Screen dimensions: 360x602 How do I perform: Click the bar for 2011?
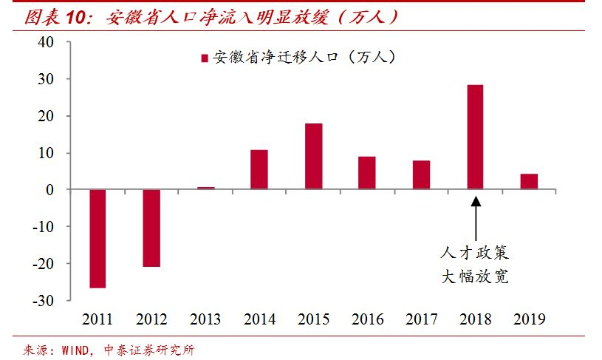[x=98, y=238]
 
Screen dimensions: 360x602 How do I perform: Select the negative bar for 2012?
[x=151, y=228]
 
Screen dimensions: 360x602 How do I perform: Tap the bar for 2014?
[x=259, y=169]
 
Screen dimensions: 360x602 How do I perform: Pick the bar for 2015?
[x=313, y=156]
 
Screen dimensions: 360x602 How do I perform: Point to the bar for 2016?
[x=367, y=173]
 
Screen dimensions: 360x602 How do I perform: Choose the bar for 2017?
[x=421, y=174]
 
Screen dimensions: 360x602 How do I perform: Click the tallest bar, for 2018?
[x=475, y=137]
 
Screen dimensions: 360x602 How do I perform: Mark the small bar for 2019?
[x=529, y=182]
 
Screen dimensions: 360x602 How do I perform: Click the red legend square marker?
[x=205, y=58]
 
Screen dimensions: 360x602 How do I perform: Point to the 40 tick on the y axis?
[x=46, y=42]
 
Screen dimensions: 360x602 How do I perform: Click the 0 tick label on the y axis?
[x=49, y=190]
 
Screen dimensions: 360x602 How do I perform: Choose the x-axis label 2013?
[x=205, y=319]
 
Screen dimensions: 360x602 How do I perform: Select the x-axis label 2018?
[x=475, y=319]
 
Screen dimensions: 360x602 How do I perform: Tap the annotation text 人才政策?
[x=476, y=254]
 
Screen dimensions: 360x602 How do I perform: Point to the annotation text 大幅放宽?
[x=476, y=278]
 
